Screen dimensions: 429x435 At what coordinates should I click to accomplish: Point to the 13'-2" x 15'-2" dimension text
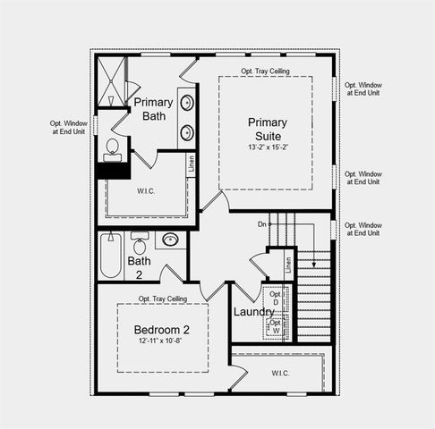(268, 147)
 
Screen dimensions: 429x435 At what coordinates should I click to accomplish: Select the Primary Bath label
(153, 109)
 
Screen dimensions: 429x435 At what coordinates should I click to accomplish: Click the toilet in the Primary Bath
(113, 148)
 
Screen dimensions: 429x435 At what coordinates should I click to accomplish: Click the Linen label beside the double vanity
(191, 164)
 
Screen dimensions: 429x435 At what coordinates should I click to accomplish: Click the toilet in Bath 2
(140, 243)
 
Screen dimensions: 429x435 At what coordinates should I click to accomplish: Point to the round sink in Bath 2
(170, 240)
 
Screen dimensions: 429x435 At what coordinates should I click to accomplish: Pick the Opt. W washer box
(276, 328)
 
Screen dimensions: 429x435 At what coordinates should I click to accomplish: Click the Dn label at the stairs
(262, 224)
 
